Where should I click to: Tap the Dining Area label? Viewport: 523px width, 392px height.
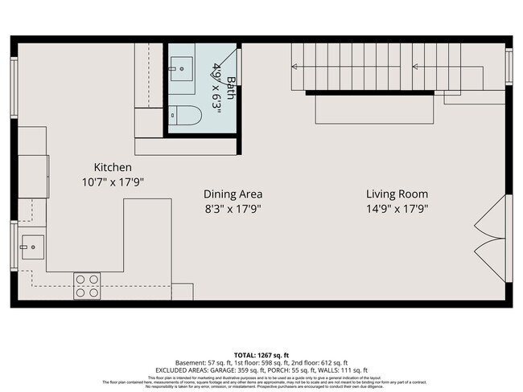point(233,194)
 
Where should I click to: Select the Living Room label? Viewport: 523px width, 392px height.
point(397,194)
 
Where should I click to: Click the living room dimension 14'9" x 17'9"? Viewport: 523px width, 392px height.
point(397,208)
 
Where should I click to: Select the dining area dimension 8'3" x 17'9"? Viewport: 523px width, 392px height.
point(233,208)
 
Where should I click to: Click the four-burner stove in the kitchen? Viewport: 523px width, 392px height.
point(87,286)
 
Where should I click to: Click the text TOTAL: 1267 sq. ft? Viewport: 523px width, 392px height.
point(261,353)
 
